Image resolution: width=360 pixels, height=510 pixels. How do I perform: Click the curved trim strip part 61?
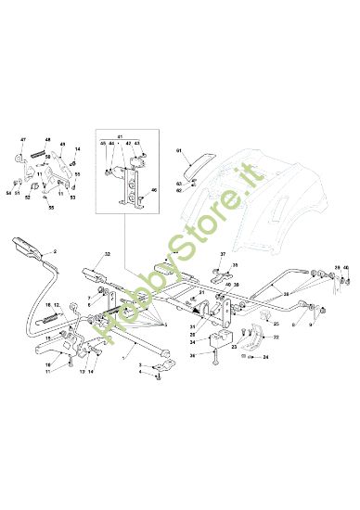point(198,165)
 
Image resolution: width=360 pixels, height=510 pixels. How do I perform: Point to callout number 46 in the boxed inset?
point(155,189)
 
